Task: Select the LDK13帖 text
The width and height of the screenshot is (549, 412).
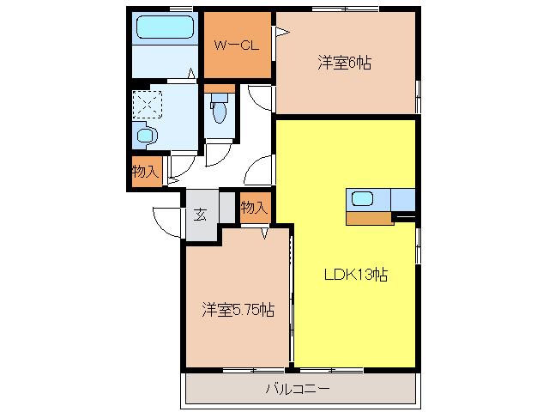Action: coord(355,275)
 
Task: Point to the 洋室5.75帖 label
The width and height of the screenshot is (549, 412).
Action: coord(238,309)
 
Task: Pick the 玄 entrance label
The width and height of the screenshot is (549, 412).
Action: coord(199,215)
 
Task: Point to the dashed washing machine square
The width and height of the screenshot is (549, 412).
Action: coord(148,105)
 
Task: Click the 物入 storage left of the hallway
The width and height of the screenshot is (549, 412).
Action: coord(146,171)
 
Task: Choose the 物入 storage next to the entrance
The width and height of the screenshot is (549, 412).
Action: coord(254,208)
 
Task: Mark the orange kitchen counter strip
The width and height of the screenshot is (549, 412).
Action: coord(369,218)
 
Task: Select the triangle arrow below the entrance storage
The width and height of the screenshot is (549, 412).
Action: coord(265,232)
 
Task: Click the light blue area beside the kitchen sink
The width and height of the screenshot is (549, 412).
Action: coord(402,198)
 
